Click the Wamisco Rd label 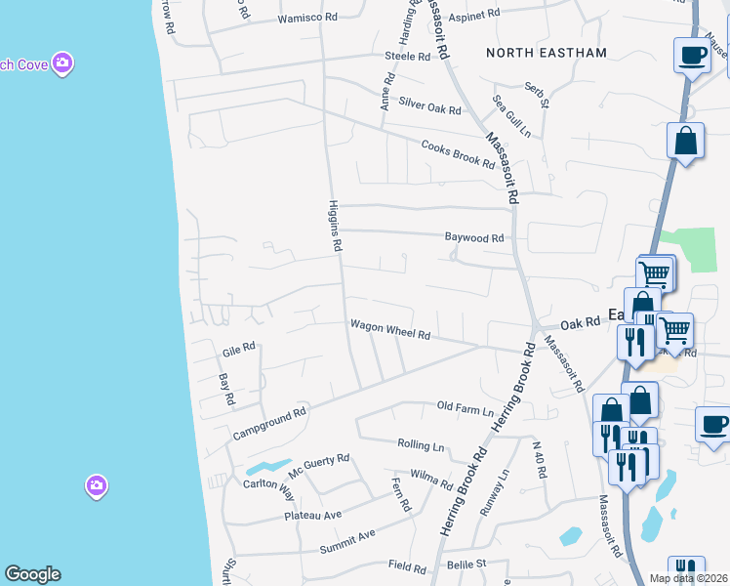(307, 19)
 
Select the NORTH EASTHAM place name (547, 53)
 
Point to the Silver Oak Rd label (430, 109)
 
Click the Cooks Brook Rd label (458, 154)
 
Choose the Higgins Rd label (332, 225)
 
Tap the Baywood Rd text (474, 237)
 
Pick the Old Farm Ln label (466, 406)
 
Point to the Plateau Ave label (312, 515)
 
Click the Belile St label (466, 565)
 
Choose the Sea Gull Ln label (511, 115)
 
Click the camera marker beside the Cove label (63, 63)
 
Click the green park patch (695, 249)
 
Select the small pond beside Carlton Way (268, 466)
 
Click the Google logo (32, 574)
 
